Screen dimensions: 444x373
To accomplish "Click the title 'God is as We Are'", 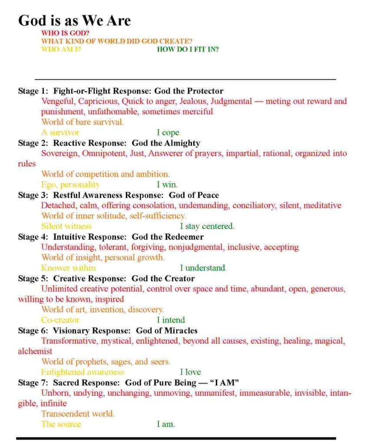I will (x=74, y=20).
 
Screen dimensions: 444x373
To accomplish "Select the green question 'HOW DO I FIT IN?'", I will (x=188, y=49).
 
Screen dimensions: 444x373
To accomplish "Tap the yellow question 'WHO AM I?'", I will (x=61, y=49).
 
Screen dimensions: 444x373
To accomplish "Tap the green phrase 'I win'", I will (x=167, y=185).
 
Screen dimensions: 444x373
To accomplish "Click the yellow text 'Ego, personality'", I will (x=70, y=185).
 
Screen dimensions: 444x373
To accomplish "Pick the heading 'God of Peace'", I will (x=194, y=195).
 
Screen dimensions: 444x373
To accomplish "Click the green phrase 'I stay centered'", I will (x=207, y=227).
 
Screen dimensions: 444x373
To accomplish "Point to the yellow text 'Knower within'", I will (x=68, y=268).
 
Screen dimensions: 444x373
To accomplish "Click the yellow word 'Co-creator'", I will (x=60, y=320).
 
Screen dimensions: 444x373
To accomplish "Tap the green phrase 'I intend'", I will (x=171, y=320).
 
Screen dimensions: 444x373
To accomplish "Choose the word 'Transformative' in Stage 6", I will (x=69, y=341).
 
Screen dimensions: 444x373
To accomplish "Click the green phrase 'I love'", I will (x=191, y=372).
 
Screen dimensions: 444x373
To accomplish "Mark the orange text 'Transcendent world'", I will (x=78, y=414).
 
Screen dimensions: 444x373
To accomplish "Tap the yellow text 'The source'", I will (x=61, y=424).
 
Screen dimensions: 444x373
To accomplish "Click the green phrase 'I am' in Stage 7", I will (x=165, y=424).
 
